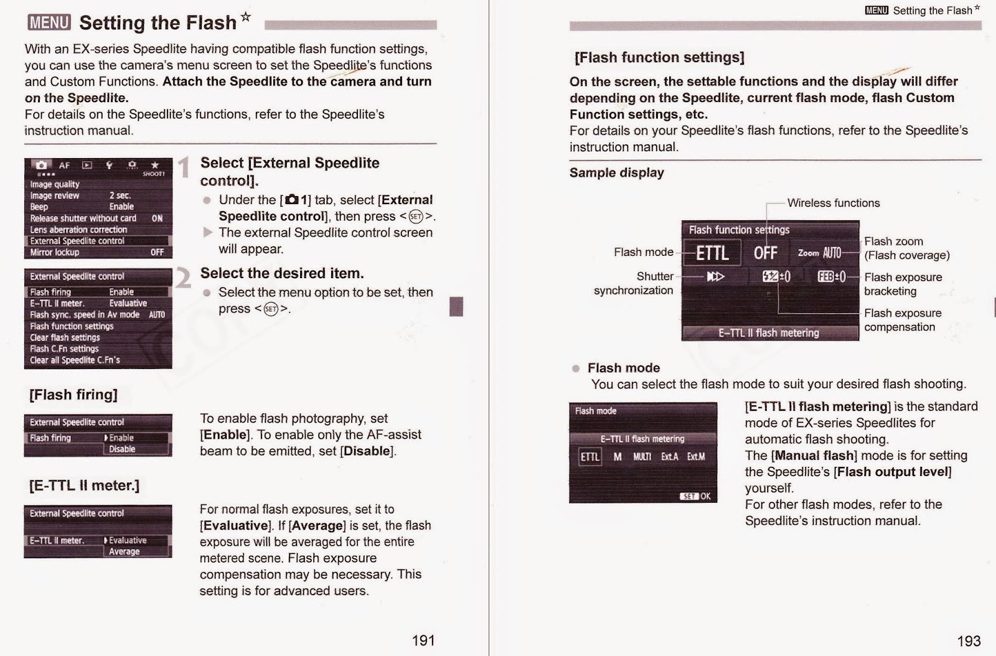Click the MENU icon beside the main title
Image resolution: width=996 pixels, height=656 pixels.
[49, 23]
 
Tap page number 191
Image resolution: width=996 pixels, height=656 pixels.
[423, 640]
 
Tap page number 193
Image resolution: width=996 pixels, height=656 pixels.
[969, 640]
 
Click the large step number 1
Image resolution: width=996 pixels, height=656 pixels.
[184, 167]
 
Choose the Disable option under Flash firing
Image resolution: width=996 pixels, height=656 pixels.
[123, 449]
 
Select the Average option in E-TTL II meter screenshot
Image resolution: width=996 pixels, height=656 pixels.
[125, 551]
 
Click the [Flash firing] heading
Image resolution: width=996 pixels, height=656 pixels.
[73, 395]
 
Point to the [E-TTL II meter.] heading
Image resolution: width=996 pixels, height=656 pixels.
[84, 485]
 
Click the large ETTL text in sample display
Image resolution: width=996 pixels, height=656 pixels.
[712, 253]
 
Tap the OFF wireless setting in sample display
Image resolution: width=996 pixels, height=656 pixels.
[765, 253]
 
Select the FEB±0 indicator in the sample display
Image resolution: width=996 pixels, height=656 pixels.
[832, 276]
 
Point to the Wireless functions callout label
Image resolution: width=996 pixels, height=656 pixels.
[833, 203]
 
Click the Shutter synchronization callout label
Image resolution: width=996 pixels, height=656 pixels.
[634, 283]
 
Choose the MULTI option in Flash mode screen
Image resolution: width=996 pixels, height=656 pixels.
[642, 457]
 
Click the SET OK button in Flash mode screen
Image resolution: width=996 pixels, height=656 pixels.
[695, 496]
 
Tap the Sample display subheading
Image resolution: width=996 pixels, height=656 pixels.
[616, 172]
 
